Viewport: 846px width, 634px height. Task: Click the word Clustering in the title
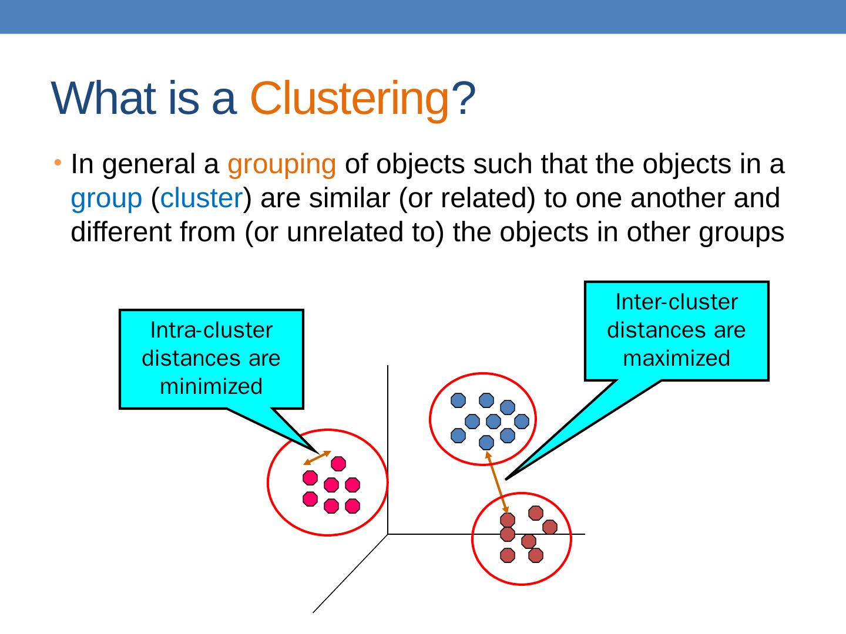pyautogui.click(x=350, y=99)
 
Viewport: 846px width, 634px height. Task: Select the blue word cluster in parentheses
pyautogui.click(x=202, y=199)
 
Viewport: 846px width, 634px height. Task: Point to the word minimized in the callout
pyautogui.click(x=211, y=386)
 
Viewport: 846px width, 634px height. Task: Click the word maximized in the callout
pyautogui.click(x=676, y=358)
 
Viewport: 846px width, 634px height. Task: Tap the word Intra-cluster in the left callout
pyautogui.click(x=211, y=331)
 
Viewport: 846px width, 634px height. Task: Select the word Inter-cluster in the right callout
pyautogui.click(x=676, y=302)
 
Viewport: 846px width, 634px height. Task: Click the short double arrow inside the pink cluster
pyautogui.click(x=317, y=458)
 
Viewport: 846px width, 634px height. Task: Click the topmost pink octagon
pyautogui.click(x=338, y=464)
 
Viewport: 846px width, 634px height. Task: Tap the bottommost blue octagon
pyautogui.click(x=486, y=443)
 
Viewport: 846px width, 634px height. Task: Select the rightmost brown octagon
pyautogui.click(x=549, y=527)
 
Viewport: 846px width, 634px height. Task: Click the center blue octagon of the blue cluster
pyautogui.click(x=493, y=421)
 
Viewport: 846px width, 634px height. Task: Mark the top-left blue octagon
pyautogui.click(x=458, y=400)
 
